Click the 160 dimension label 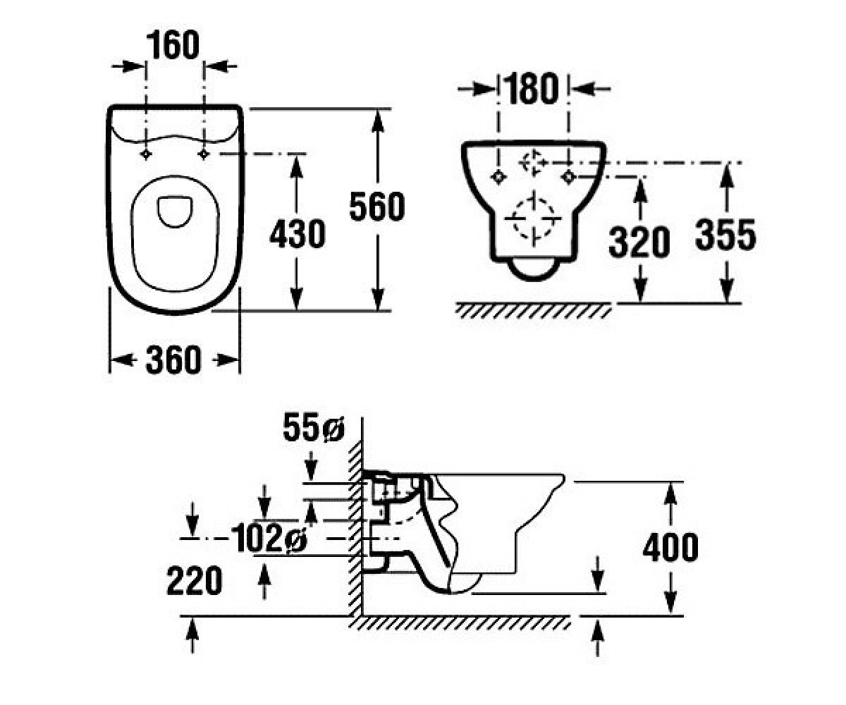tap(173, 45)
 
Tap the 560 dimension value tap(376, 207)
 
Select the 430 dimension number tap(298, 234)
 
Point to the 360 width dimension tap(174, 360)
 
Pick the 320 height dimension tap(639, 243)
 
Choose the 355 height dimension tap(725, 235)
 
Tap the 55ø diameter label tap(313, 428)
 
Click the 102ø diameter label tap(269, 538)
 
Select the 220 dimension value tap(195, 581)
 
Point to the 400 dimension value tap(670, 547)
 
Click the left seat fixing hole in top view tap(146, 154)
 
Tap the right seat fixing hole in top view tap(204, 154)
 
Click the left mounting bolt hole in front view tap(498, 177)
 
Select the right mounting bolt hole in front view tap(569, 177)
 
